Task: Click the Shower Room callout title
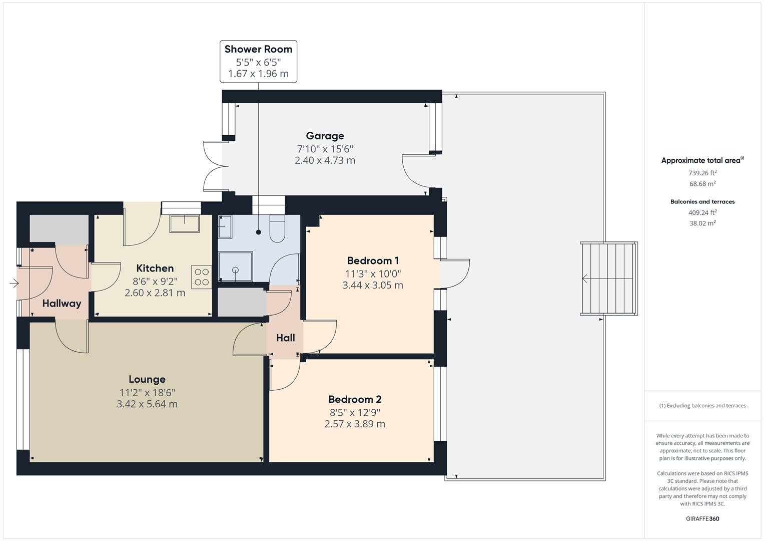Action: point(258,49)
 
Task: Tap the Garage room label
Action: point(325,136)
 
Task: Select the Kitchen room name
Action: point(155,268)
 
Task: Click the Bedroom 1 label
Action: point(373,260)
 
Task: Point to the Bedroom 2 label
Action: point(355,399)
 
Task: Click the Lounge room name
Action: point(147,379)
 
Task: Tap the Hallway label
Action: point(62,303)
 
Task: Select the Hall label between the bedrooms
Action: point(285,338)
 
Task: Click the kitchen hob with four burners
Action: point(202,277)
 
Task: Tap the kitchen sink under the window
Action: point(184,223)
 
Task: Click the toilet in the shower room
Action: point(277,229)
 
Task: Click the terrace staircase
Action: point(609,279)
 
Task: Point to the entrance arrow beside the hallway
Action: point(14,284)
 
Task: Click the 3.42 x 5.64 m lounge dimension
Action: point(147,404)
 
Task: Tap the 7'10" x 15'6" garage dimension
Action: point(325,149)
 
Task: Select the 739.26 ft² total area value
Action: point(702,173)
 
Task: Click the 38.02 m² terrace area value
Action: point(702,223)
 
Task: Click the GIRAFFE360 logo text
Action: point(702,518)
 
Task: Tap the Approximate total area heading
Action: point(701,161)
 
